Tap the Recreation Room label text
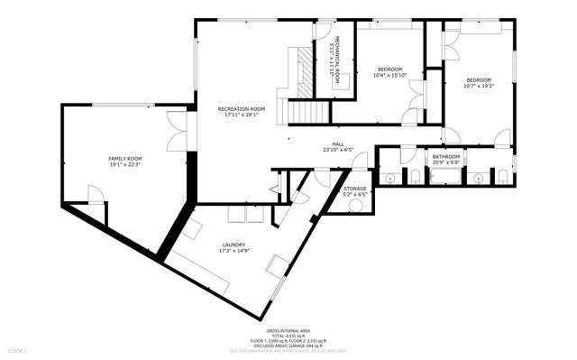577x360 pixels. (242, 108)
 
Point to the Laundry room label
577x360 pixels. (234, 245)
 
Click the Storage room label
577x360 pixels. (354, 189)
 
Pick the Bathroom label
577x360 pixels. (445, 156)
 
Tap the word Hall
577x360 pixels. (338, 143)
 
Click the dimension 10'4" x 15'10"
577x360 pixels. (390, 75)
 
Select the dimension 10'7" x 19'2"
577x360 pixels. (478, 86)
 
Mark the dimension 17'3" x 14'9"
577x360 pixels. (234, 251)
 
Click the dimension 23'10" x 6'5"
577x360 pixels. (338, 150)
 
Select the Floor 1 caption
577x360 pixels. (17, 349)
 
